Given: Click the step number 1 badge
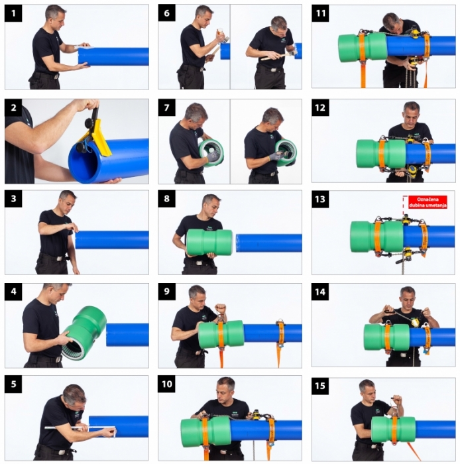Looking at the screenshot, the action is pyautogui.click(x=13, y=13).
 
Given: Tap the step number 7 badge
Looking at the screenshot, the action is pyautogui.click(x=167, y=107).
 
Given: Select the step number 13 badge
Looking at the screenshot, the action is pyautogui.click(x=320, y=199).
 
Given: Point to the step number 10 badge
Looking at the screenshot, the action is pyautogui.click(x=167, y=384).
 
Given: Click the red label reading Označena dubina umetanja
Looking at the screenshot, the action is pyautogui.click(x=428, y=202).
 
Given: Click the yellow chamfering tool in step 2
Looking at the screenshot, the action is pyautogui.click(x=97, y=135).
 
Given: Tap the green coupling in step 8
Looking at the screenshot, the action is pyautogui.click(x=209, y=243).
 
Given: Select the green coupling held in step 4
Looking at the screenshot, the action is pyautogui.click(x=84, y=333).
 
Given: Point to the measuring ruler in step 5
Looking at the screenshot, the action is pyautogui.click(x=80, y=428).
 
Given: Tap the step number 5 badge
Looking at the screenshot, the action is pyautogui.click(x=13, y=384).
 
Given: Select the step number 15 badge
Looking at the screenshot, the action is pyautogui.click(x=320, y=386).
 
